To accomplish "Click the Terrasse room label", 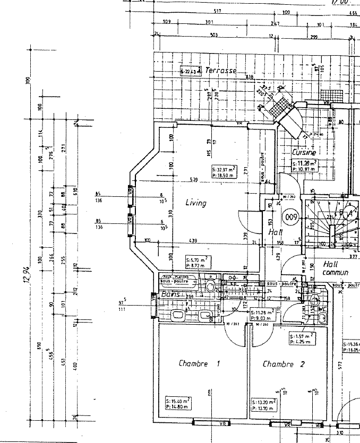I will [x=220, y=70].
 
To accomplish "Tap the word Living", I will [x=195, y=203].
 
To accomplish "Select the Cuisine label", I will [x=303, y=152].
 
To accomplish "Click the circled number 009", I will [x=290, y=216].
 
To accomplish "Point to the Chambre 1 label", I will [x=199, y=364].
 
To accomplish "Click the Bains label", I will [x=172, y=294].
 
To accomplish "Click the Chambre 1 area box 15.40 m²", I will [x=178, y=404].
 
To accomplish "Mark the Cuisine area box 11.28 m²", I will [x=305, y=166].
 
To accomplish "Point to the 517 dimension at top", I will [x=217, y=11].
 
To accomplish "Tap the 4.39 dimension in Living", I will [x=193, y=241].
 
